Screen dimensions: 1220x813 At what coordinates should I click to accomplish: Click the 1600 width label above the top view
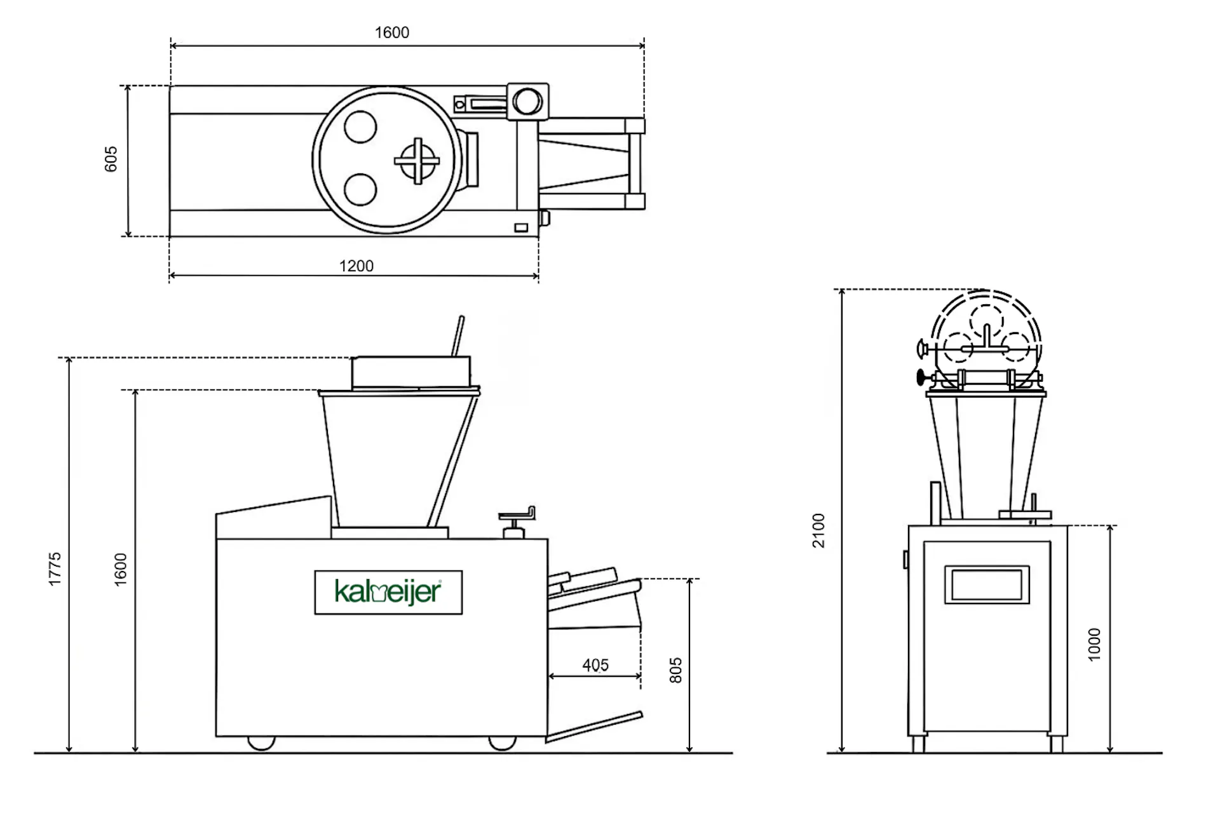391,32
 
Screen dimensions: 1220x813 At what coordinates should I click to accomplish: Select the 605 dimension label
111,159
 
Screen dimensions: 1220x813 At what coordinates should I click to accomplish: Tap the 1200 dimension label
356,265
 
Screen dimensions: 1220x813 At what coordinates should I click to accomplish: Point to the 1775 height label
55,568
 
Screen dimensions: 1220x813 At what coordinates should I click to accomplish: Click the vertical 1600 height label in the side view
120,569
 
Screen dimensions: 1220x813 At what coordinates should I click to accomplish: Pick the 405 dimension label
595,665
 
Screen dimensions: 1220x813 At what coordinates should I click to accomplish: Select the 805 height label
675,670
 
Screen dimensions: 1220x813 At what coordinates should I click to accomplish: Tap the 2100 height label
818,530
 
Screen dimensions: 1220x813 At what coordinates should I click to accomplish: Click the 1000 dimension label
1094,645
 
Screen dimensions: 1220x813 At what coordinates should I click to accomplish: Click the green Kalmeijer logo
388,592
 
